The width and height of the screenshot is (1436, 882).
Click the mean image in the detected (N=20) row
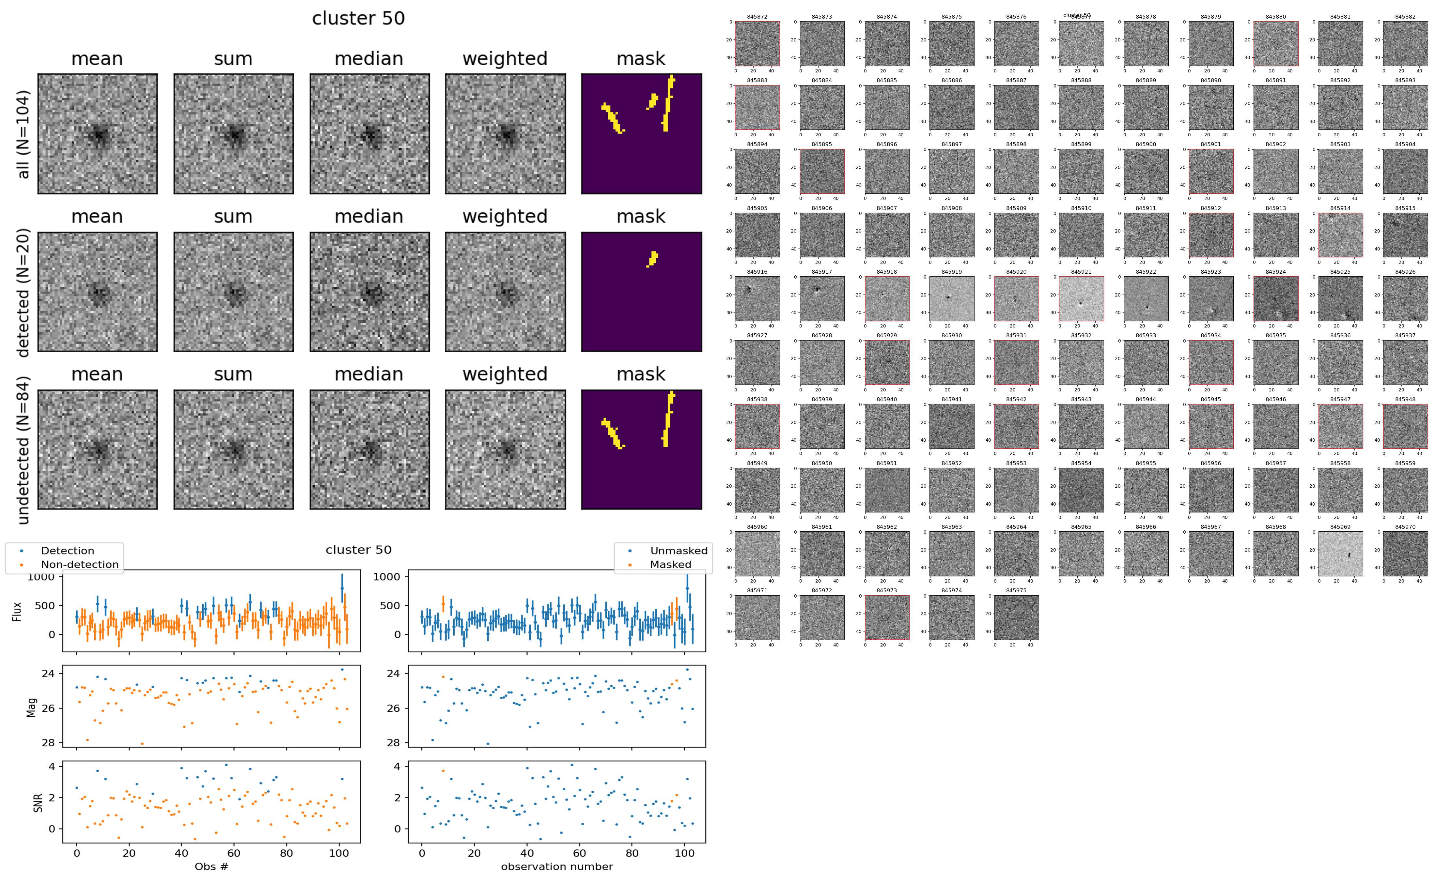pos(98,292)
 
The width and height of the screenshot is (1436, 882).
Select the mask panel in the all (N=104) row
pos(641,134)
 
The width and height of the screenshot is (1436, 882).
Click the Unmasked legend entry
pos(678,551)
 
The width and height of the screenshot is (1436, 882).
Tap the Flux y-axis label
pos(18,611)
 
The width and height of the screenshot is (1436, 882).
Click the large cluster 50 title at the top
pos(358,19)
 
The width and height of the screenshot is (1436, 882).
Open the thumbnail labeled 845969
pos(1340,554)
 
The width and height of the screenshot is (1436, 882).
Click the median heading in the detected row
pos(369,216)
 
